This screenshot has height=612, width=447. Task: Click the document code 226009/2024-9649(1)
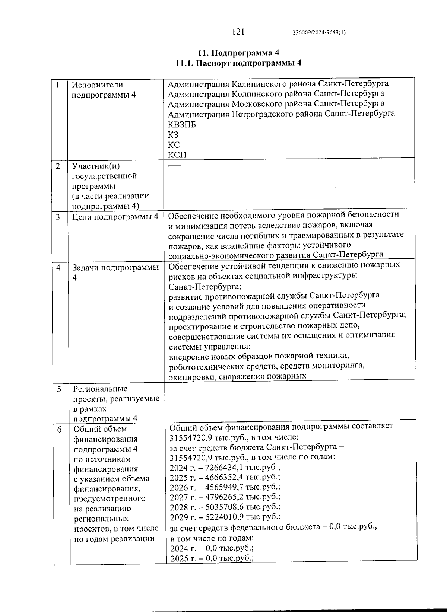pos(319,32)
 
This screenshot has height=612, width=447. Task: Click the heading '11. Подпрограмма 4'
pos(238,52)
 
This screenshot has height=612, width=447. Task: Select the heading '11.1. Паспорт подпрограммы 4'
pos(238,63)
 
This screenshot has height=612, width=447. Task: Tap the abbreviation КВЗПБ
pos(182,125)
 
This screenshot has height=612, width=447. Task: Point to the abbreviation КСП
pos(177,154)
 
